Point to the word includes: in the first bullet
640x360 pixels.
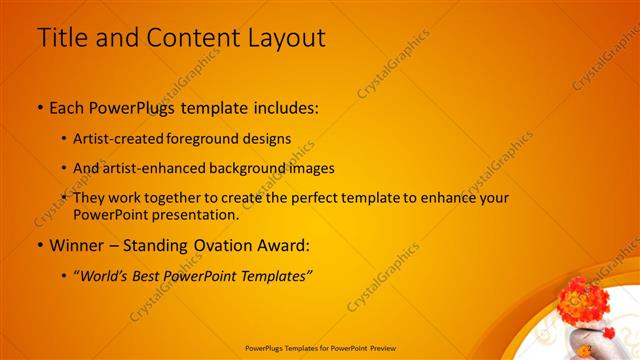click(285, 106)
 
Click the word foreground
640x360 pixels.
click(206, 138)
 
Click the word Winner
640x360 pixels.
click(75, 244)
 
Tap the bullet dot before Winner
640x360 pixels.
click(39, 245)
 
